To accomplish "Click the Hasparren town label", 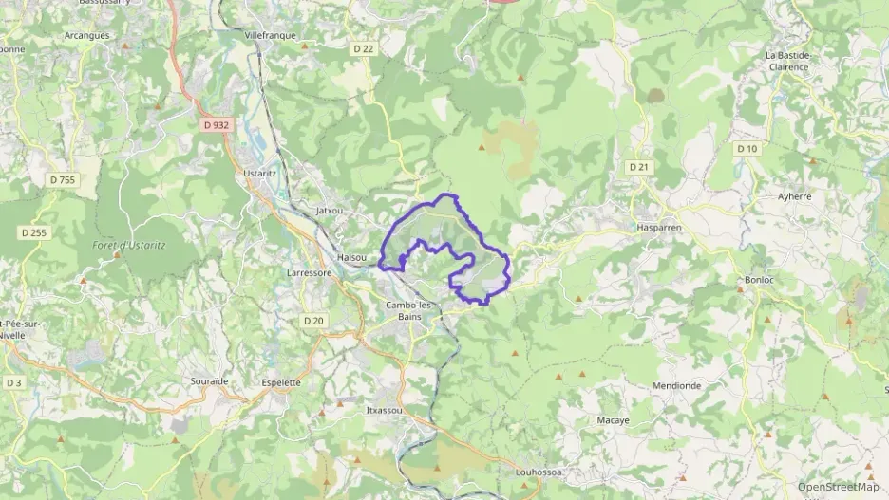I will tap(660, 229).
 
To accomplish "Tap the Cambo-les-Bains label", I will tap(410, 310).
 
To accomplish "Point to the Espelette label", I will tap(281, 382).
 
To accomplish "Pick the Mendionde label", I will tap(677, 386).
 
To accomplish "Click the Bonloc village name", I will tap(761, 280).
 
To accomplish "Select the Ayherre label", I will tap(795, 196).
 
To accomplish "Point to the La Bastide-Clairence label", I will tap(788, 61).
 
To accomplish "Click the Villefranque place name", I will tap(271, 35).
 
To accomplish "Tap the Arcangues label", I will tap(87, 35).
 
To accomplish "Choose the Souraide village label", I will tap(209, 380).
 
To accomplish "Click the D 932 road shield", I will tap(216, 124).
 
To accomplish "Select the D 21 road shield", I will tap(638, 167).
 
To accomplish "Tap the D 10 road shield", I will tap(747, 148).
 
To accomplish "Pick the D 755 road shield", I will tap(63, 179).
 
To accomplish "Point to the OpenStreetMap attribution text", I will tap(838, 487).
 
